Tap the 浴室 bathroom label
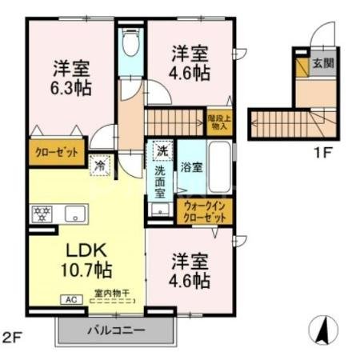coord(192,169)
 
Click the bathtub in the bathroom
coord(219,169)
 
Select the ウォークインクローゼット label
coord(206,212)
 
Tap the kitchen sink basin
coord(76,214)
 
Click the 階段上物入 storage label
coord(218,122)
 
